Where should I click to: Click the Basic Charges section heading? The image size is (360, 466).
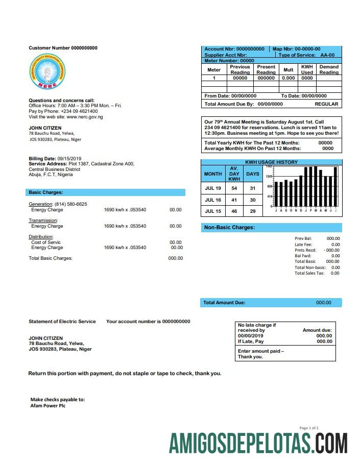pos(46,192)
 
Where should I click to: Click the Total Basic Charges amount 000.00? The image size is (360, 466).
pos(176,258)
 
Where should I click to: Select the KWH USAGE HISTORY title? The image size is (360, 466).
pos(271,162)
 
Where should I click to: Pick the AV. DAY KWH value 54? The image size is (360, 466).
pos(234,189)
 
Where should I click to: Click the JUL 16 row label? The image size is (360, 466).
pos(213,200)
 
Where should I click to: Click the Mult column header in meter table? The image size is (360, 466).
pos(289,69)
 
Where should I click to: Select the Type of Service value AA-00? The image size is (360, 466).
pos(327,55)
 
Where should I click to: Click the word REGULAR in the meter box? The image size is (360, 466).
pos(326,104)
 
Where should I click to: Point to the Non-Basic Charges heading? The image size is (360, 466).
pos(229,228)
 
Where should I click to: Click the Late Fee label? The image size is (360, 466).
pos(303,244)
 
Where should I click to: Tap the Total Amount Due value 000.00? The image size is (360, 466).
pos(324,303)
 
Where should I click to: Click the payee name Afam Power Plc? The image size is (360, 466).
pos(48,406)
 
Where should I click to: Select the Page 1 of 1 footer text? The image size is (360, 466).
pos(309,428)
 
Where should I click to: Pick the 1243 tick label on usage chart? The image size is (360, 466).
pos(269,176)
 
